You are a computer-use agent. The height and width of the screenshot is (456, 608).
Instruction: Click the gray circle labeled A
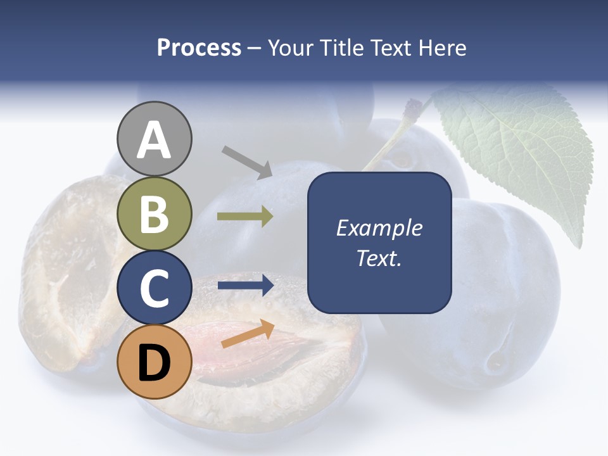[155, 139]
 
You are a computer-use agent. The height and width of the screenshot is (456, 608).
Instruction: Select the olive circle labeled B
[155, 213]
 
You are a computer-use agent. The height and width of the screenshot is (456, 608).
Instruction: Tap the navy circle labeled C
[155, 288]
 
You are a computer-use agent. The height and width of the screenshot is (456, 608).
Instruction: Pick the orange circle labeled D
[155, 362]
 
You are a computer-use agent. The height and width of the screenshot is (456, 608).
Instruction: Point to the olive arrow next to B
[245, 217]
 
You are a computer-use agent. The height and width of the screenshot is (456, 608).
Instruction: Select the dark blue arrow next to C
[245, 285]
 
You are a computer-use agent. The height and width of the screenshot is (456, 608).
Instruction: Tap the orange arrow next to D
[248, 334]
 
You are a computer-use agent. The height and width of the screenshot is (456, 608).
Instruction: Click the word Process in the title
[199, 47]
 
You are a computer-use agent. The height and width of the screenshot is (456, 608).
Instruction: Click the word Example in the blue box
[379, 228]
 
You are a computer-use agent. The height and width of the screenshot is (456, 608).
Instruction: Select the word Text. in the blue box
[379, 258]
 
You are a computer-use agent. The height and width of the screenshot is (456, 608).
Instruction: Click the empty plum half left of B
[70, 272]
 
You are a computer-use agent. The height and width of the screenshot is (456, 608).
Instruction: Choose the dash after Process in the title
[254, 48]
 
